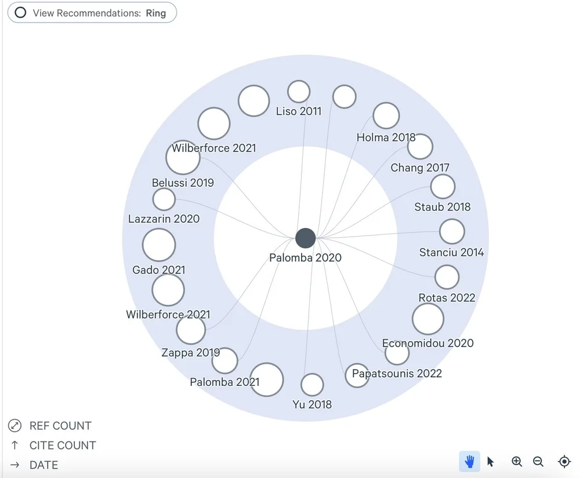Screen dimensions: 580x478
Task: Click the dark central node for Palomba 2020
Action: (305, 238)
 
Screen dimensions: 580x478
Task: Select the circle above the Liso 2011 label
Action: (299, 92)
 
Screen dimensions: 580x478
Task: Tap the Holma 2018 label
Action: (386, 137)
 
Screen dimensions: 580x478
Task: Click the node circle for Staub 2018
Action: (443, 187)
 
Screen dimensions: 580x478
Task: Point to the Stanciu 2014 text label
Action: (451, 252)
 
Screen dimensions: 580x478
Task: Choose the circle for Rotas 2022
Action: (447, 277)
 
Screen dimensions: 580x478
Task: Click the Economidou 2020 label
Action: (427, 343)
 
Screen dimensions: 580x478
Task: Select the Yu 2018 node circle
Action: (312, 385)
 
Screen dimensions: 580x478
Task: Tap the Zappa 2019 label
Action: (191, 352)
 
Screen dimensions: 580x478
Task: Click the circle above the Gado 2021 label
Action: (159, 245)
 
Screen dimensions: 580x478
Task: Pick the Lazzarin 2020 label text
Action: (164, 219)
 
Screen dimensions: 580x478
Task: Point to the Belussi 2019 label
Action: (183, 183)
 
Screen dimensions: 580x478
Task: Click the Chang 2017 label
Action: (420, 168)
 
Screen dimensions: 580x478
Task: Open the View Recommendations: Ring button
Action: (92, 13)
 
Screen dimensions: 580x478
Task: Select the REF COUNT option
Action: (60, 426)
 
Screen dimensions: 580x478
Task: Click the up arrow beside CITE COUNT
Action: (14, 446)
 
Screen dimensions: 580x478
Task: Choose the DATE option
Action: (43, 465)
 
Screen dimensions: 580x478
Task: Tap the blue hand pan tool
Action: (470, 462)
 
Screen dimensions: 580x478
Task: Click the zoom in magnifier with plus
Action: (517, 462)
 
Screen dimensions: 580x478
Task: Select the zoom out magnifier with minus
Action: (538, 462)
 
